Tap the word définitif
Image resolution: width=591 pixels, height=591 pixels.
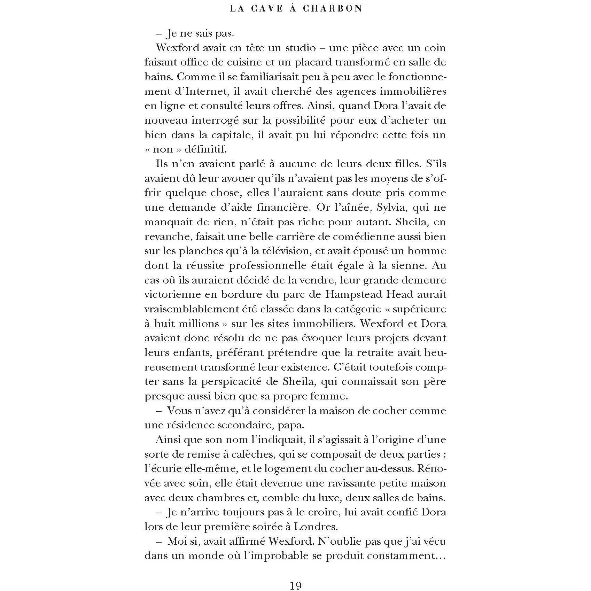(205, 149)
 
